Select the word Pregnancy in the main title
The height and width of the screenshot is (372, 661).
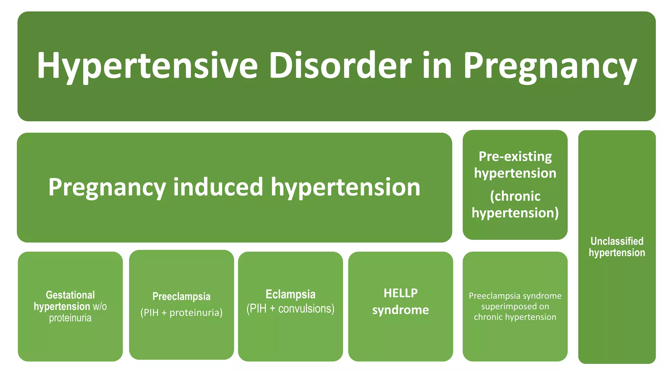click(x=550, y=66)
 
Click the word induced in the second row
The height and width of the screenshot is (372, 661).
click(x=218, y=187)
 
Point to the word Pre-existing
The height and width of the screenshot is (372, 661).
click(x=515, y=157)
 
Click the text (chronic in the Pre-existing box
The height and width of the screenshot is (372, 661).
click(x=515, y=196)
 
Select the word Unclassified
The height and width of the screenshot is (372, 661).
click(x=617, y=241)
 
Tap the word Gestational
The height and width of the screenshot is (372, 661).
click(x=70, y=295)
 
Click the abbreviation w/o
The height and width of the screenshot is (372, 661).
click(x=100, y=306)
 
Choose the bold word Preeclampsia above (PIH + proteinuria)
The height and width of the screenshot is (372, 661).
click(x=181, y=296)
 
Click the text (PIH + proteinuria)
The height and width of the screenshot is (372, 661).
click(x=181, y=313)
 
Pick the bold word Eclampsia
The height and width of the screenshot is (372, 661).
click(x=290, y=294)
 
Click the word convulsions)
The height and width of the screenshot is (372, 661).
click(x=306, y=309)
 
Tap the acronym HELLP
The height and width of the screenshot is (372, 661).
click(x=401, y=293)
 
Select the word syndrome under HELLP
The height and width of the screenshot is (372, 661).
click(x=401, y=310)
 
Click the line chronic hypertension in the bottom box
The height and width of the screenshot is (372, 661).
click(x=515, y=317)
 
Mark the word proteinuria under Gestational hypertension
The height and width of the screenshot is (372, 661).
click(x=70, y=318)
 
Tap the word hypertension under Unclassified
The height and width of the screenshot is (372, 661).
click(x=617, y=253)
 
